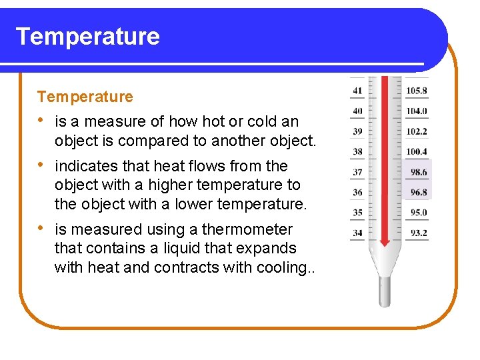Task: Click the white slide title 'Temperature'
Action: coord(87,36)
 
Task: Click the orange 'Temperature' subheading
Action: coord(85,97)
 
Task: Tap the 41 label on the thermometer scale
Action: coord(358,91)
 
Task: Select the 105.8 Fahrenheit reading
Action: coord(417,91)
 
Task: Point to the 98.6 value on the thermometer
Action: coord(419,172)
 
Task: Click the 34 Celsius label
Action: coord(358,233)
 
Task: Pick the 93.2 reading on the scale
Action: coord(419,233)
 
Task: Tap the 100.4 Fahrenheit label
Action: coord(417,151)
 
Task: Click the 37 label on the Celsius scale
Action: coord(358,172)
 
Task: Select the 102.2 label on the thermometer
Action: coord(417,131)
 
